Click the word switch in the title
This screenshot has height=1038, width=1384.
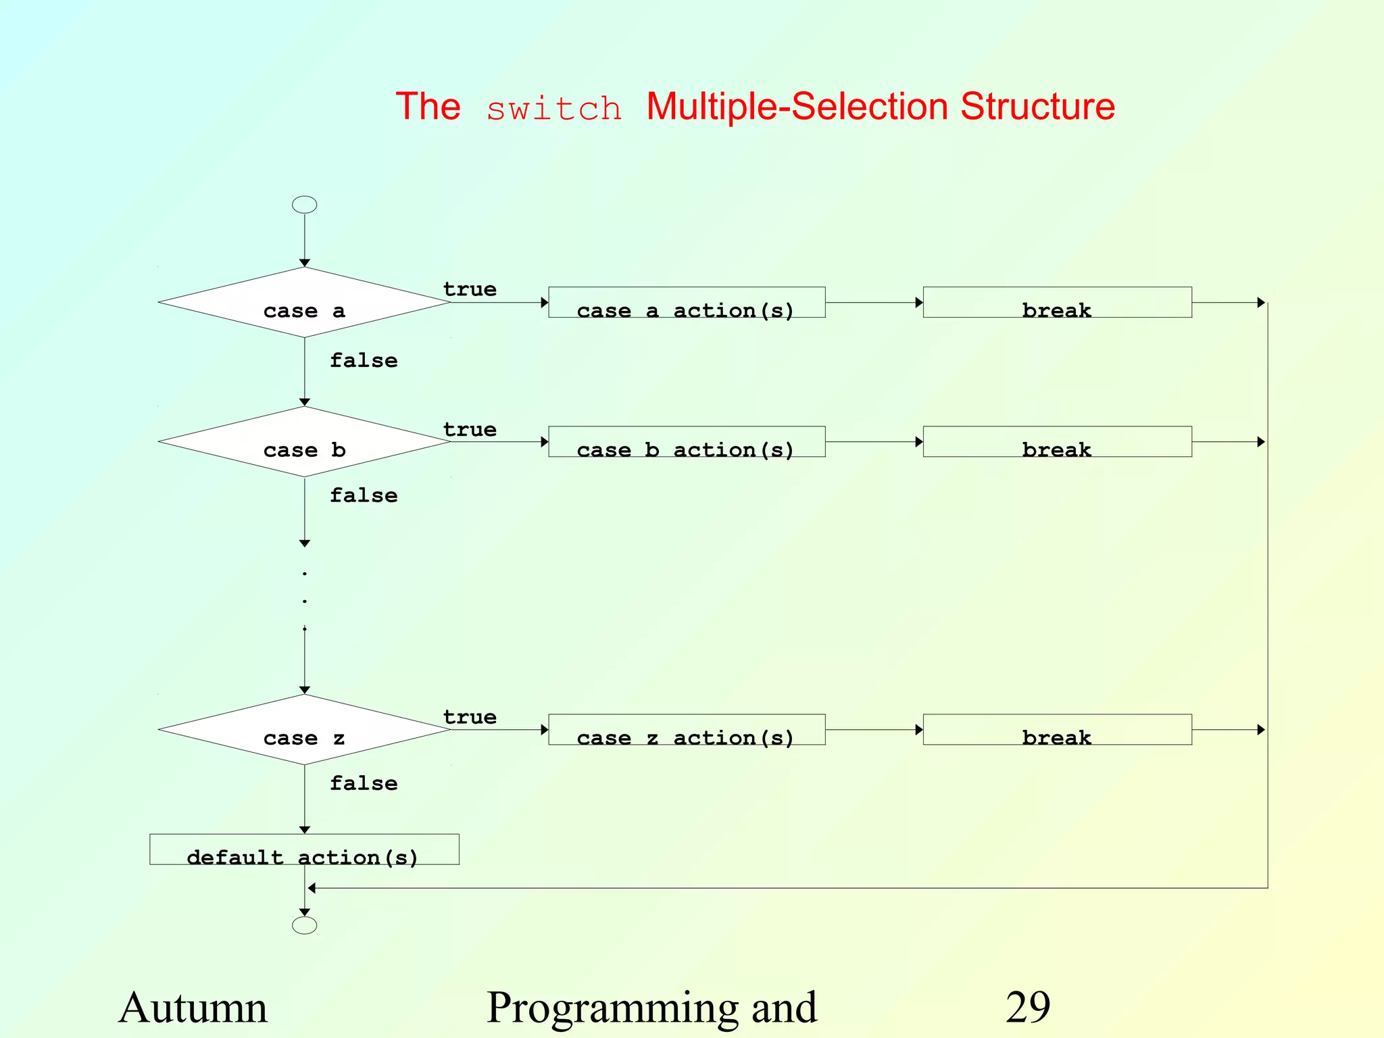coord(553,109)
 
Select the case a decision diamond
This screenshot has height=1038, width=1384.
coord(304,303)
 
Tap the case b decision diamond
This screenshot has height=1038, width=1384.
coord(304,442)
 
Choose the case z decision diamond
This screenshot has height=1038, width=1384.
coord(304,730)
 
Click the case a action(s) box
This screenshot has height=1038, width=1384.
coord(687,303)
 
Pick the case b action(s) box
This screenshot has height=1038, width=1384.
coord(687,442)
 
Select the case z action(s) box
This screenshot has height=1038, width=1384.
coord(687,730)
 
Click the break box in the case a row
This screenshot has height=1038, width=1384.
coord(1057,303)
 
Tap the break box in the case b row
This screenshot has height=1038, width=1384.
coord(1057,442)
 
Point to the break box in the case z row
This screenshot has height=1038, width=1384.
coord(1057,730)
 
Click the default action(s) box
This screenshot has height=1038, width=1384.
coord(304,849)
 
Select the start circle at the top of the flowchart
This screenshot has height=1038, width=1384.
coord(304,205)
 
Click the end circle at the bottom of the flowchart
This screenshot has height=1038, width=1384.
coord(304,925)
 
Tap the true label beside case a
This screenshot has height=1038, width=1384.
coord(470,289)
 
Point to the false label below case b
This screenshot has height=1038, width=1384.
coord(364,495)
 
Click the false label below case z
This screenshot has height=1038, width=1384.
coord(364,783)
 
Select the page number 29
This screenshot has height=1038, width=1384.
coord(1027,1008)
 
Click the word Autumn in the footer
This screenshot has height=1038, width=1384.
coord(193,1008)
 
